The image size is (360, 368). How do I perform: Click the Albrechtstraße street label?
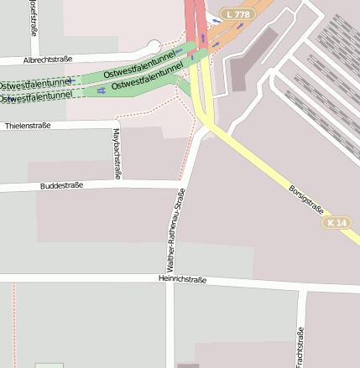point(48,60)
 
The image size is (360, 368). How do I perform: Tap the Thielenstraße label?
point(28,125)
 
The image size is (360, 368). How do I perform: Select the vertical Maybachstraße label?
point(116,154)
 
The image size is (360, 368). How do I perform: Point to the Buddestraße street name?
point(61,185)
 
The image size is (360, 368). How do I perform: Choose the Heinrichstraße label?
point(181,279)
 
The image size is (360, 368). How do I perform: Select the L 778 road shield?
point(238,14)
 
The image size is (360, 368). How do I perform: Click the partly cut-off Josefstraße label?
point(33,18)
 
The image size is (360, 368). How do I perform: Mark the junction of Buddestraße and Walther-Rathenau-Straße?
point(181,181)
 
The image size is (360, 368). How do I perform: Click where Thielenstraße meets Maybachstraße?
point(116,124)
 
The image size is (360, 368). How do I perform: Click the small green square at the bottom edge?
point(49,365)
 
